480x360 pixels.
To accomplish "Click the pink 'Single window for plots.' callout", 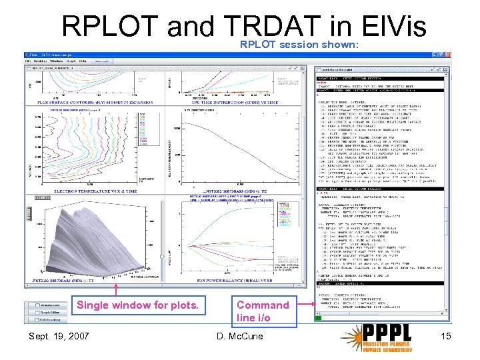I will [138, 305].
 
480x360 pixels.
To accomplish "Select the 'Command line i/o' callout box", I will [263, 311].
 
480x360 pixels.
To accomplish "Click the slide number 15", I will [445, 336].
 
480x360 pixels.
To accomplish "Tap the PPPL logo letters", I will [394, 332].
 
